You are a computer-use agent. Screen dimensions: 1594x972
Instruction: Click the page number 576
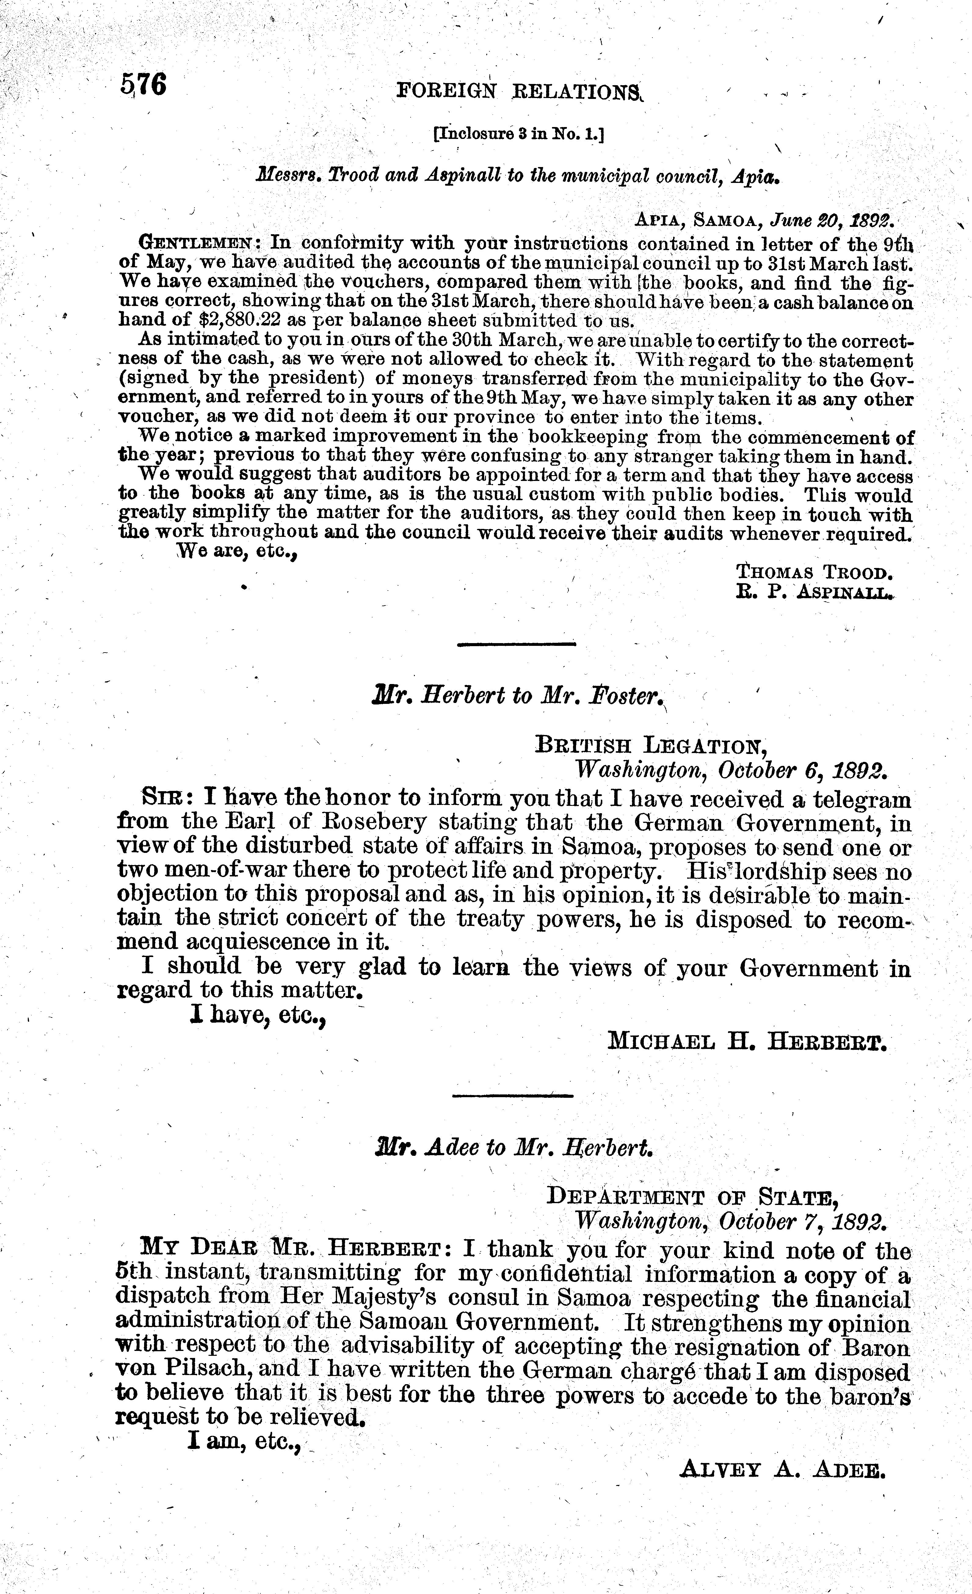143,85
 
